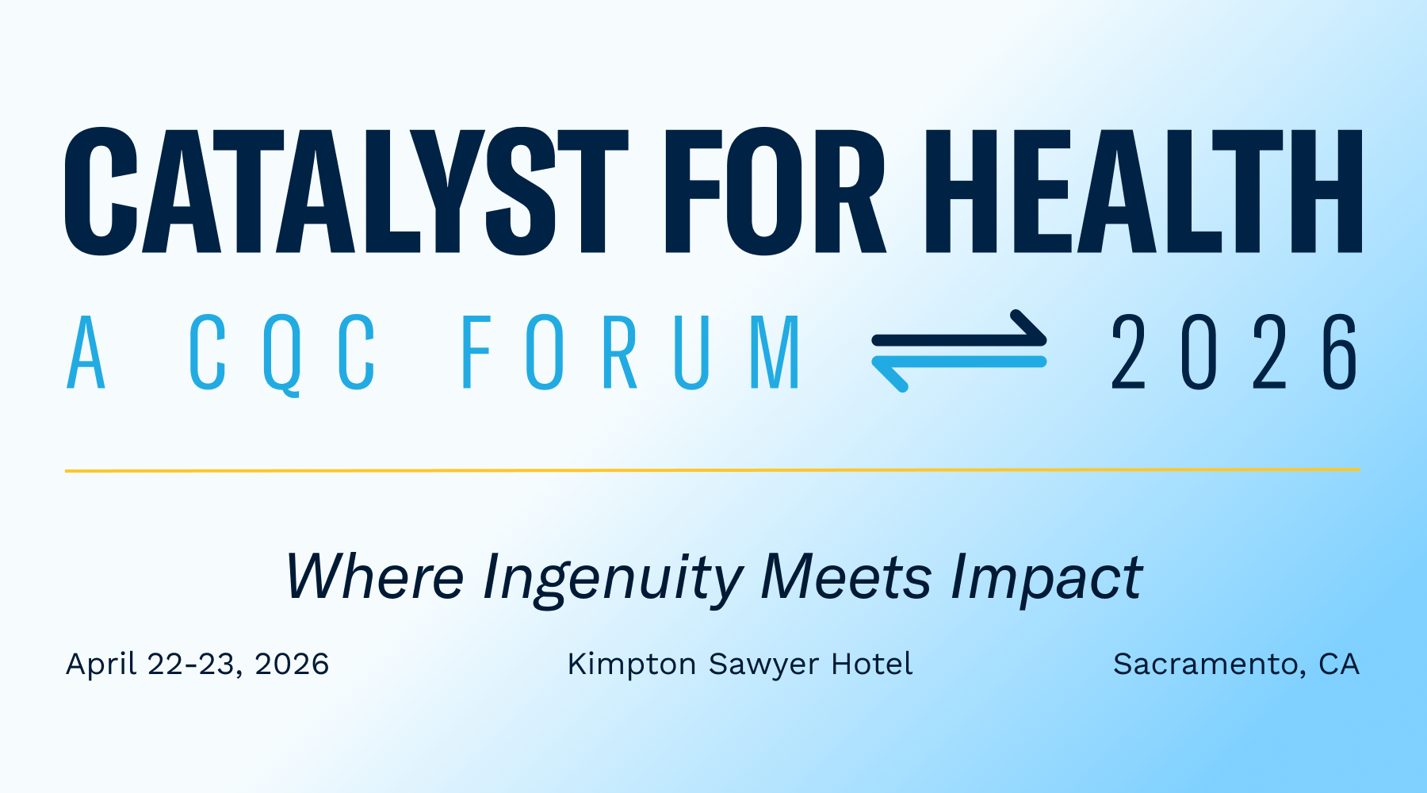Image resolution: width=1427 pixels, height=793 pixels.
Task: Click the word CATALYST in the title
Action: pos(347,191)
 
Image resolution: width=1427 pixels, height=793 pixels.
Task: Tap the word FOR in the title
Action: pos(775,191)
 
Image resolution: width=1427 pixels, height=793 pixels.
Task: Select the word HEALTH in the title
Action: pos(1143,191)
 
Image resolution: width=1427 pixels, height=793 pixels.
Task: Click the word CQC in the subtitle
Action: pos(282,352)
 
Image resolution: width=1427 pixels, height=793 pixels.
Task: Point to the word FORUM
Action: pos(630,351)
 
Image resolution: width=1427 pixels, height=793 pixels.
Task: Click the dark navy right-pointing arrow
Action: pos(959,333)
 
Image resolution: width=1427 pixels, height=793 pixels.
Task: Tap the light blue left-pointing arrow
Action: pos(959,369)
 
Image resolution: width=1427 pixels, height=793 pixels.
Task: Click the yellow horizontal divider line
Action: pos(713,470)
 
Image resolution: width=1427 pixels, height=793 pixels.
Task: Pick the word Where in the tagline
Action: pos(375,577)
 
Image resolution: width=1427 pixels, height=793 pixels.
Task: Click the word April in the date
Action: pos(101,665)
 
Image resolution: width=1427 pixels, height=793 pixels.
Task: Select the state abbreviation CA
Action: pos(1339,665)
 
